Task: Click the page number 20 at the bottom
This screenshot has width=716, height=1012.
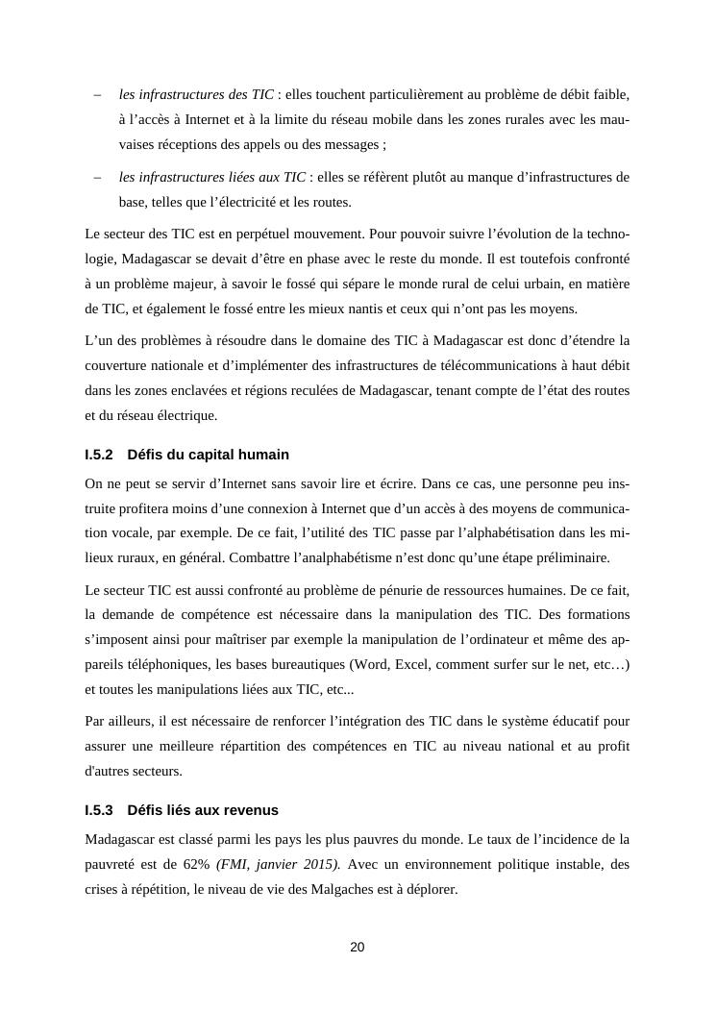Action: pos(358,947)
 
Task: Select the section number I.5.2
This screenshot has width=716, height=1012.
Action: pos(99,454)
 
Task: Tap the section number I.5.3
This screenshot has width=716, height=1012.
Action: pos(99,810)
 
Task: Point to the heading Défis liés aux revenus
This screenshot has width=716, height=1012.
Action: pos(203,810)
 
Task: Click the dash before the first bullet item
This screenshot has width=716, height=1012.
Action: pos(97,95)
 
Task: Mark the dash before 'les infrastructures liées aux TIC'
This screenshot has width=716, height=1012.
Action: pos(97,177)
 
